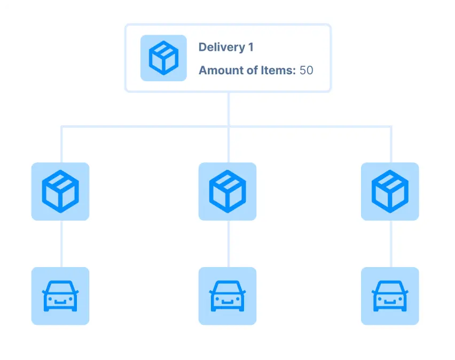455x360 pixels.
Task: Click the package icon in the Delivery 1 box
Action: (x=163, y=58)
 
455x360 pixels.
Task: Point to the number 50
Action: (x=306, y=70)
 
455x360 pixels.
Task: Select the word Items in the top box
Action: (x=278, y=70)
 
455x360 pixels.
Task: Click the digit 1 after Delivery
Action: (x=250, y=47)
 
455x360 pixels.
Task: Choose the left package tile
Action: (x=60, y=191)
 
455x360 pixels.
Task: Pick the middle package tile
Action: (x=227, y=191)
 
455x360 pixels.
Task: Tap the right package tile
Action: (x=390, y=191)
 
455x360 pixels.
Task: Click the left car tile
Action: (x=60, y=296)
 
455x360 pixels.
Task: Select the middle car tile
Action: (x=227, y=296)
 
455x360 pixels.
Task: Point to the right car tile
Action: (x=390, y=296)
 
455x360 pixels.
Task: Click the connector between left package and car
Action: (x=61, y=244)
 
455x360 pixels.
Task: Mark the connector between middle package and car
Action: (x=228, y=244)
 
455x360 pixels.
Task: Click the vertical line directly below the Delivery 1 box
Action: (x=228, y=109)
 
